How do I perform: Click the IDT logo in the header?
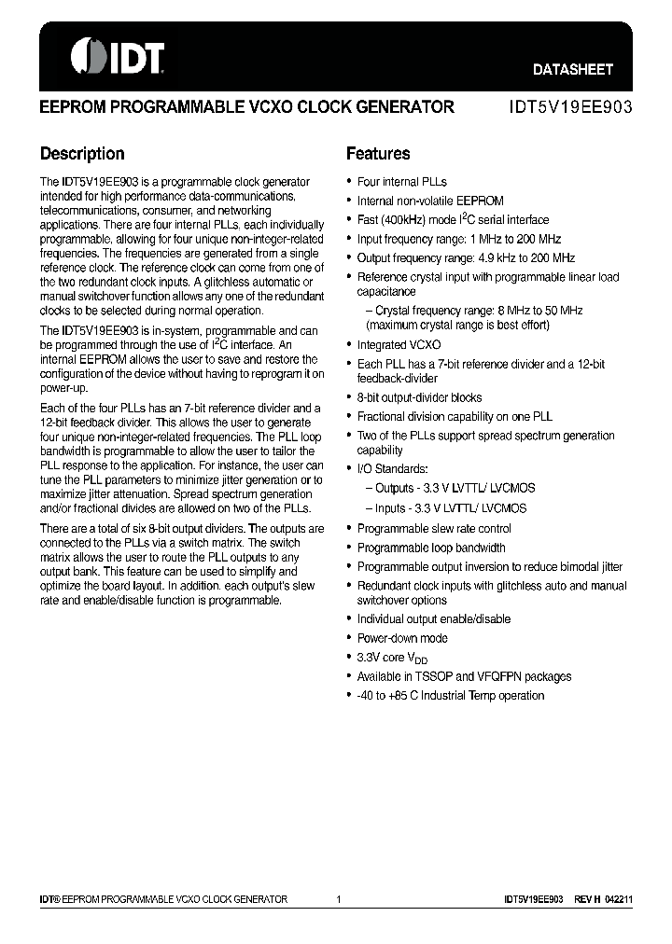[x=118, y=57]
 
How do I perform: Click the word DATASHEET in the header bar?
[x=572, y=69]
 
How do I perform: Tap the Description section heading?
[x=82, y=154]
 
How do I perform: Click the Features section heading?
[x=378, y=154]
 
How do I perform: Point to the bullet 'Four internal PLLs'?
[x=401, y=182]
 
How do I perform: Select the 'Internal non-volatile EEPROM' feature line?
[x=430, y=201]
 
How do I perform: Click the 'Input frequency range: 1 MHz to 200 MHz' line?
[x=459, y=239]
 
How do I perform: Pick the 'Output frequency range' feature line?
[x=466, y=257]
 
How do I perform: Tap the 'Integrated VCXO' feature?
[x=399, y=344]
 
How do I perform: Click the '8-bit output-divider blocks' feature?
[x=419, y=397]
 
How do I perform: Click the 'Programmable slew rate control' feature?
[x=434, y=529]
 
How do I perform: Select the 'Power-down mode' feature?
[x=402, y=638]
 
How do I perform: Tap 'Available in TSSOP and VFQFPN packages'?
[x=464, y=676]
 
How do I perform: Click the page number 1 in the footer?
[x=339, y=899]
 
